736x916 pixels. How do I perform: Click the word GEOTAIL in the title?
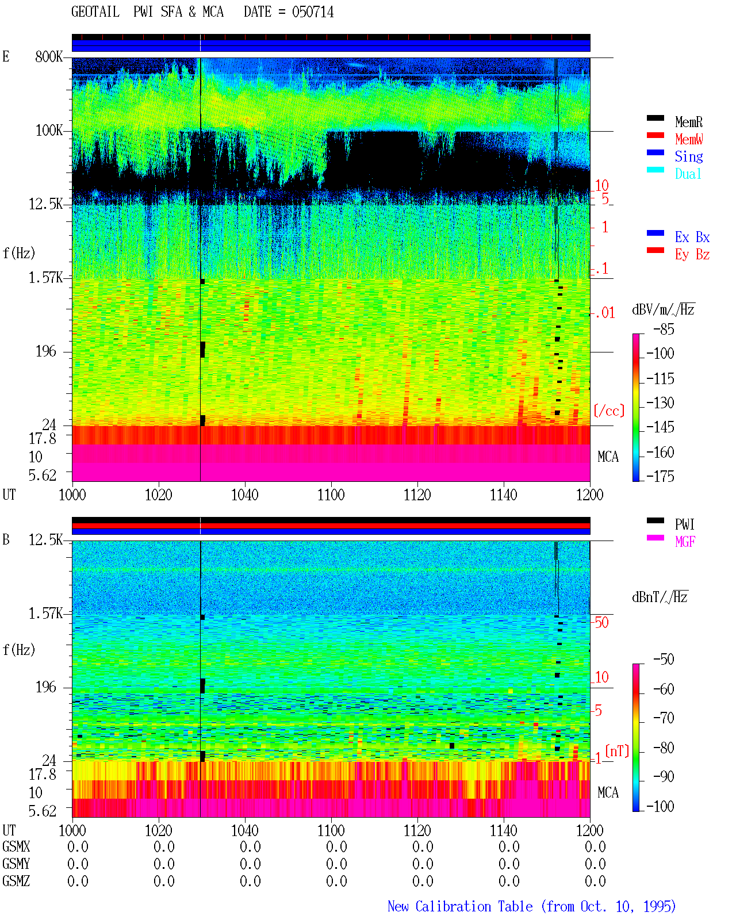[95, 12]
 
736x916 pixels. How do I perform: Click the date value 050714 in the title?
[313, 12]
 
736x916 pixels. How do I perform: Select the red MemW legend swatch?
[655, 135]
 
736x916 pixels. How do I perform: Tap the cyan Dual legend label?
[688, 174]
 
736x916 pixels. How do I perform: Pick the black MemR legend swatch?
[655, 118]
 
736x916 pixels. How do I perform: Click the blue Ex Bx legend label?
[692, 237]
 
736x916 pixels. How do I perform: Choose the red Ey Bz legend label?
[692, 254]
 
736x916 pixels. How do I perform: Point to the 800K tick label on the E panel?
[48, 56]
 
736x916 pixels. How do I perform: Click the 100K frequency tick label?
[48, 131]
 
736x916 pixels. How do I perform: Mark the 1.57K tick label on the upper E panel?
[45, 278]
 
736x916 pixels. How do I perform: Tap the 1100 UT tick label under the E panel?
[331, 495]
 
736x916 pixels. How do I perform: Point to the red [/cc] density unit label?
[609, 411]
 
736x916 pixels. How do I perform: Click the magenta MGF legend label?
[685, 542]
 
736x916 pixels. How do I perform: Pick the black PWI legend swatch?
[655, 520]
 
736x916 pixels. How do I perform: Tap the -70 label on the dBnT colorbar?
[664, 718]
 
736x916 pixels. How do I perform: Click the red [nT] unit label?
[617, 750]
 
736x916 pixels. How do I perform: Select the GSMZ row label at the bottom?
[16, 881]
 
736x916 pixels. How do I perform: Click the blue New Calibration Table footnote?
[531, 906]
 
